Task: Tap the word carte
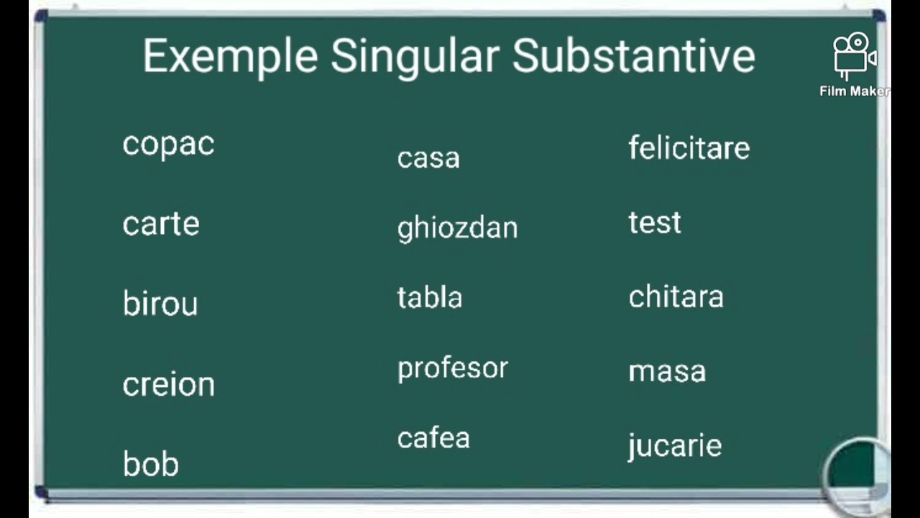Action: [x=161, y=224]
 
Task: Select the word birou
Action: [x=160, y=304]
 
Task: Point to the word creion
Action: [x=168, y=384]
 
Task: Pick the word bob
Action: [x=150, y=464]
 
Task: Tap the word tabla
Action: [x=429, y=297]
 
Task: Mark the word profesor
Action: [x=452, y=368]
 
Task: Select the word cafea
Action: [x=433, y=438]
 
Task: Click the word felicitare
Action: [x=689, y=148]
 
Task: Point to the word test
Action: [x=654, y=223]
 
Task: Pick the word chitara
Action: [x=676, y=296]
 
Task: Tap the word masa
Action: [x=667, y=371]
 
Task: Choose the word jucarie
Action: [x=674, y=446]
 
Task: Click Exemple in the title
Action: [x=230, y=56]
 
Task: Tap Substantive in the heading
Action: [x=633, y=56]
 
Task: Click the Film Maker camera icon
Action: [x=853, y=56]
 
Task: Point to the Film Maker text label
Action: [x=854, y=91]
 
